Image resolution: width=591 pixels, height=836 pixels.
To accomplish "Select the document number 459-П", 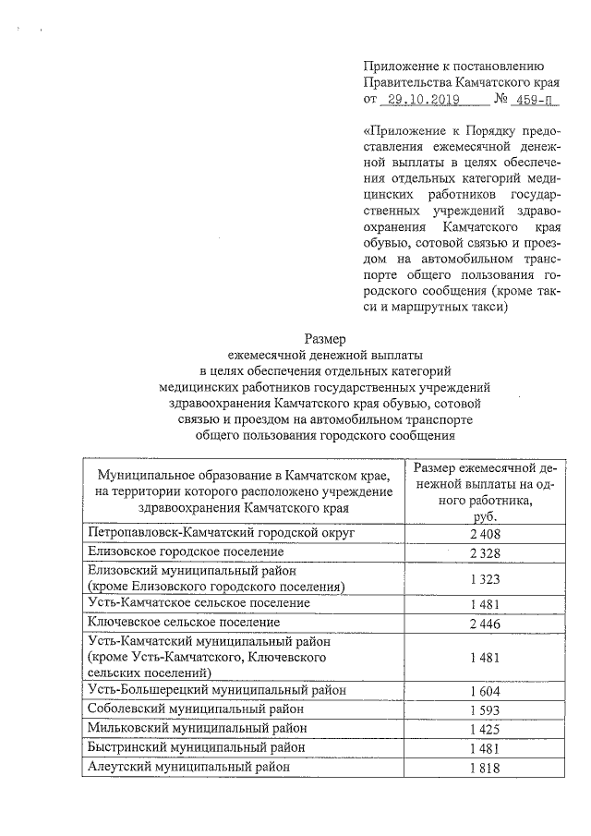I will [537, 99].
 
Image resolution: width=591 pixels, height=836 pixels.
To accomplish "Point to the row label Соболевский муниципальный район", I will [196, 709].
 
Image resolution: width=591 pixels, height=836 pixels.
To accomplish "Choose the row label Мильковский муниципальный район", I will [196, 728].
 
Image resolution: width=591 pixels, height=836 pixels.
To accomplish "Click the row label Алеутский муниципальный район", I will [188, 766].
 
